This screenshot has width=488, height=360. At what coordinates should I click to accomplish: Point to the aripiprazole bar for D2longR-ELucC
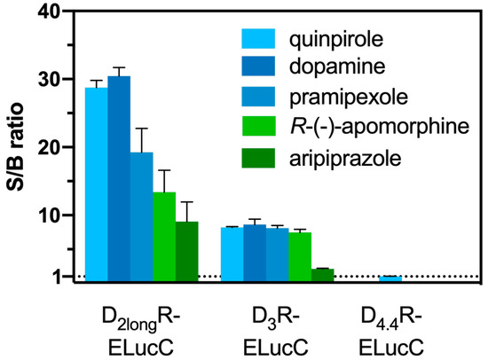point(186,252)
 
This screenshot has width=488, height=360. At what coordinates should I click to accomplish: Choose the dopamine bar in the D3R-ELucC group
point(254,254)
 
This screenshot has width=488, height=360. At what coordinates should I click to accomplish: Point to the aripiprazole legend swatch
point(262,160)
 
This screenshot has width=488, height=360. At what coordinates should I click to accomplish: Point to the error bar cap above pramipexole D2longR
point(141,129)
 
